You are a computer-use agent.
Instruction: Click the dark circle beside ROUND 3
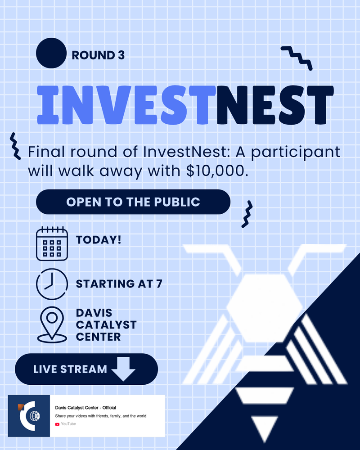(x=51, y=53)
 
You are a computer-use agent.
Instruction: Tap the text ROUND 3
(x=98, y=55)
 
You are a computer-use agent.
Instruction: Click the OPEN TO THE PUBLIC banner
(x=133, y=202)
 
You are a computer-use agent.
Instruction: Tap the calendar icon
(x=52, y=244)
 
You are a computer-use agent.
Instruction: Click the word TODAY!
(x=99, y=239)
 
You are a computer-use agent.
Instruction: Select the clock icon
(x=52, y=284)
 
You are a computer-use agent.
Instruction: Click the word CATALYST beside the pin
(x=106, y=324)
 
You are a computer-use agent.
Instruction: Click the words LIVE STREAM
(x=70, y=369)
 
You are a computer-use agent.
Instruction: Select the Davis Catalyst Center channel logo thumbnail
(x=29, y=416)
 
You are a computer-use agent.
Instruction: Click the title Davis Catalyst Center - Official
(x=85, y=408)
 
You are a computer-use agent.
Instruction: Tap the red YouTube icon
(x=57, y=424)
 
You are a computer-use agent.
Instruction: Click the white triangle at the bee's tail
(x=264, y=427)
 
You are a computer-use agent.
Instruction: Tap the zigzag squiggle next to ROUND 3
(x=297, y=57)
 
